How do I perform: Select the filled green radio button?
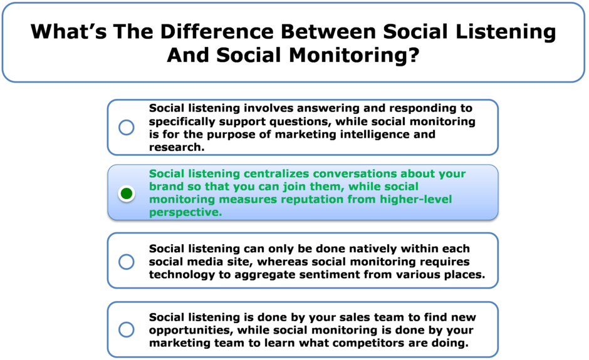[x=127, y=193]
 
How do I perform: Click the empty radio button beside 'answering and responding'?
[x=127, y=127]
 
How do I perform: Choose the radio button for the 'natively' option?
[x=127, y=262]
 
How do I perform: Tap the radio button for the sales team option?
[x=127, y=329]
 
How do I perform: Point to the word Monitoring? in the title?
[x=354, y=55]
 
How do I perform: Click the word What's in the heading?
[x=69, y=31]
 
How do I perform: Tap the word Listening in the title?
[x=506, y=33]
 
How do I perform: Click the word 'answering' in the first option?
[x=269, y=108]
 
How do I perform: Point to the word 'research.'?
[x=177, y=147]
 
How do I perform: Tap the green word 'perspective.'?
[x=185, y=212]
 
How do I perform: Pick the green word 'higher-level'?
[x=416, y=199]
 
